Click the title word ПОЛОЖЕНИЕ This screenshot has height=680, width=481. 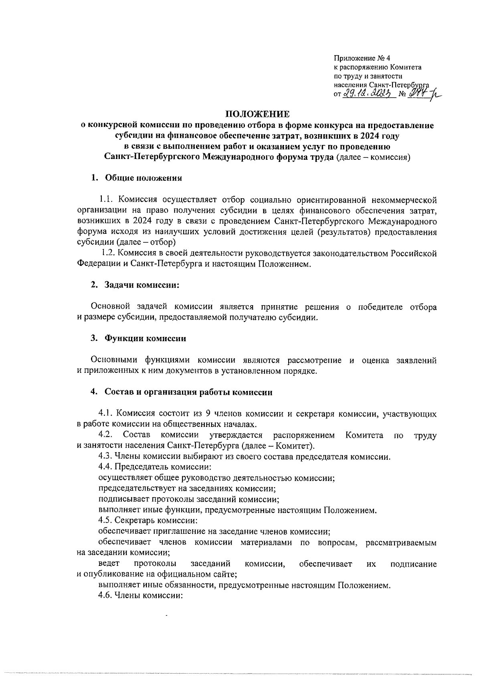tap(257, 114)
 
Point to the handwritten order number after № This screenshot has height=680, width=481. tap(417, 94)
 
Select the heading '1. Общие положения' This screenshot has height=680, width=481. tap(136, 178)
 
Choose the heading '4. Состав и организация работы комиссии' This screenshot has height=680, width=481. tap(182, 392)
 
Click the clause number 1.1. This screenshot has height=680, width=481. tap(106, 199)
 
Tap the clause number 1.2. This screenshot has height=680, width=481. tap(108, 253)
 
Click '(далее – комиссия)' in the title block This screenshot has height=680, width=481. tap(373, 157)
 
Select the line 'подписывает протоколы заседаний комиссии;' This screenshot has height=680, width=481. tap(189, 499)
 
